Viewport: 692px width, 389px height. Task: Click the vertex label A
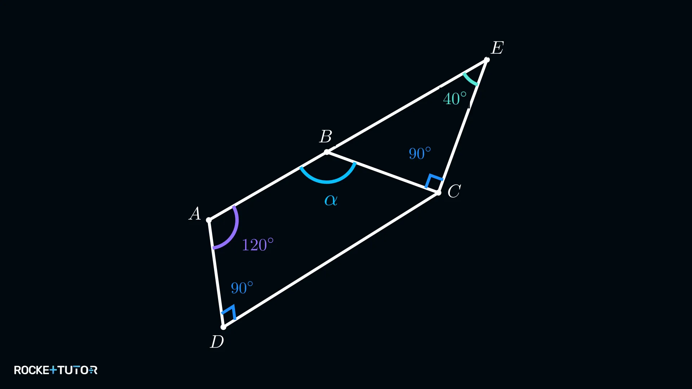195,214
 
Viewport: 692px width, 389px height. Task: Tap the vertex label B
326,137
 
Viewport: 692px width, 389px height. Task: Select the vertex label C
454,191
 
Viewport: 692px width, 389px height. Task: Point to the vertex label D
217,341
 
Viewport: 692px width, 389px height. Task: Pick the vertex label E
497,48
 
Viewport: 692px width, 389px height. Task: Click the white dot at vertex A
209,220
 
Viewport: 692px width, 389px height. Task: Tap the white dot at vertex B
327,152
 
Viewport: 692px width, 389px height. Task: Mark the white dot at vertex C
438,193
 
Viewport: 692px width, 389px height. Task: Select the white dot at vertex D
223,327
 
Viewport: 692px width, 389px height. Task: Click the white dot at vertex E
487,60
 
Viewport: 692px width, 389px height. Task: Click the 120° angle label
258,245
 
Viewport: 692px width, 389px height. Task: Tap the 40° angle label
455,99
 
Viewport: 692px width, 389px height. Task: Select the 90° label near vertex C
420,153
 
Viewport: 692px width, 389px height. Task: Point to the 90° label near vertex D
242,288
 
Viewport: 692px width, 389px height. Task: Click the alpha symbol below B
331,200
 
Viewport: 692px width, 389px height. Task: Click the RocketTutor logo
56,370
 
